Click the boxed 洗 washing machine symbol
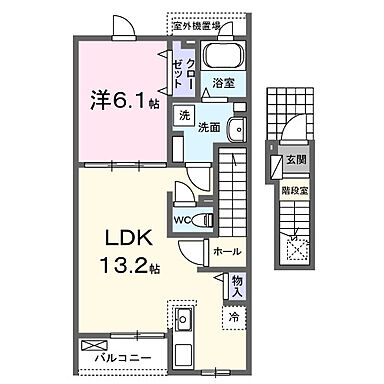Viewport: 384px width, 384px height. coord(184,116)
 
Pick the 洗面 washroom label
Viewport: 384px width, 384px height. coord(208,128)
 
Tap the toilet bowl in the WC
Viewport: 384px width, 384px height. coord(203,217)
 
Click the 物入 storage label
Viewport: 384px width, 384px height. coord(237,287)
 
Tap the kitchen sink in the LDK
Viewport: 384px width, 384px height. coord(184,323)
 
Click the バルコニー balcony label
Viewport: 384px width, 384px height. coord(124,354)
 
